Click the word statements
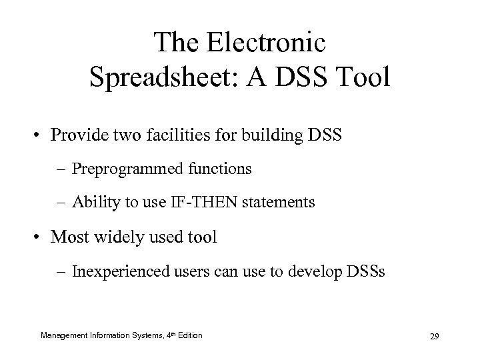click(x=280, y=201)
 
